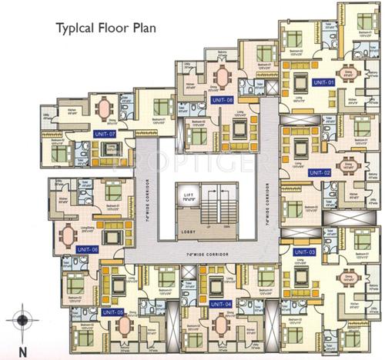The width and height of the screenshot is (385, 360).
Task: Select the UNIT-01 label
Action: pos(323,82)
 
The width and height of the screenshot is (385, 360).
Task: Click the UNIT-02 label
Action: pos(320,172)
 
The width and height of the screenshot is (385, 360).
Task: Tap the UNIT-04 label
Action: pos(222,305)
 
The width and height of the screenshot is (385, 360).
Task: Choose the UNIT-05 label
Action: pos(112,311)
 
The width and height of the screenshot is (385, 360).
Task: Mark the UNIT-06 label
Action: pos(88,249)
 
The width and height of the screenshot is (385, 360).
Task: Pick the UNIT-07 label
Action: pos(103,134)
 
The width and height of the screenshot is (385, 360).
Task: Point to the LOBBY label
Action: pos(186,230)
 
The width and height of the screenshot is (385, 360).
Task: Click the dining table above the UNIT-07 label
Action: pos(103,107)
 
